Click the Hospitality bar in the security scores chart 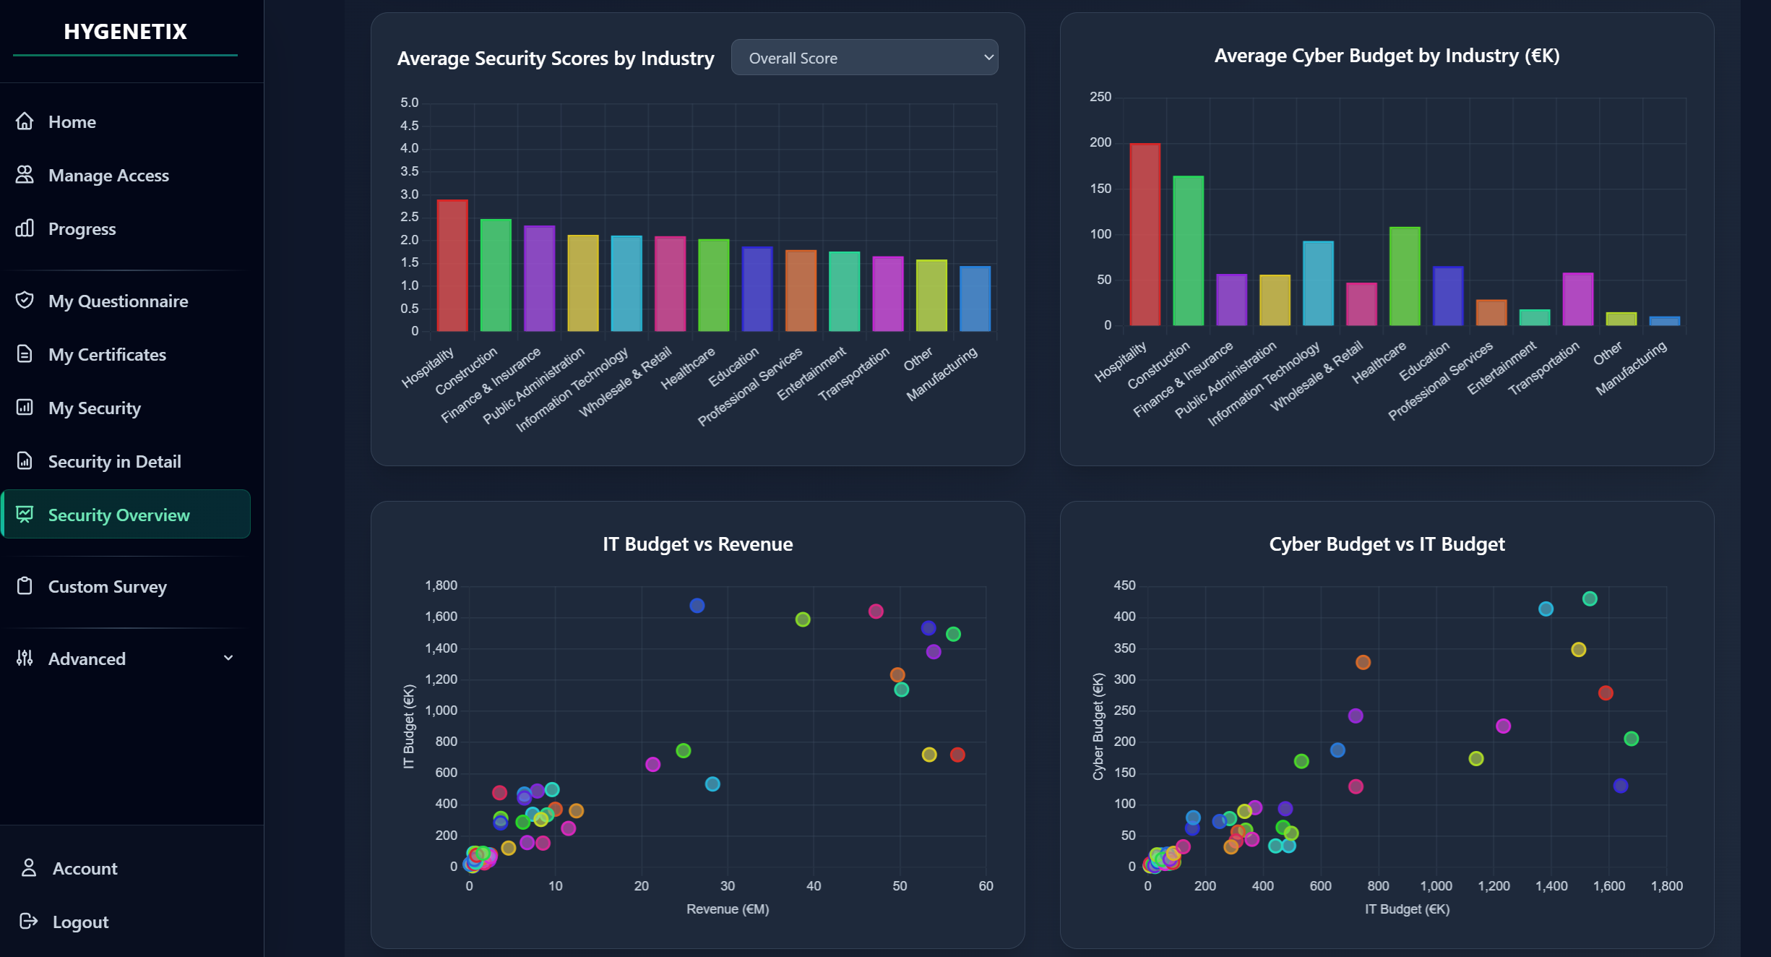[452, 265]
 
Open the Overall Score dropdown [864, 58]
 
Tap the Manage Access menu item [108, 176]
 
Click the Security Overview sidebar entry [119, 515]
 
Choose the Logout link [80, 922]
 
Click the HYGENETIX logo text [125, 32]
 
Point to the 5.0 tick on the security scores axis [409, 103]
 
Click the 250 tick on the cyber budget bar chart [1100, 97]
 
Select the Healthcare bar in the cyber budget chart [1404, 276]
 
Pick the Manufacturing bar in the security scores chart [975, 299]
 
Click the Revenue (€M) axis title [727, 909]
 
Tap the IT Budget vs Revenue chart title [697, 544]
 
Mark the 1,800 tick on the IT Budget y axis [441, 585]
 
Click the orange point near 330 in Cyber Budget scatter [1363, 662]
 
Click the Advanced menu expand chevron [228, 658]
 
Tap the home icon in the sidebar [25, 121]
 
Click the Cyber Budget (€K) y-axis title [1098, 726]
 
